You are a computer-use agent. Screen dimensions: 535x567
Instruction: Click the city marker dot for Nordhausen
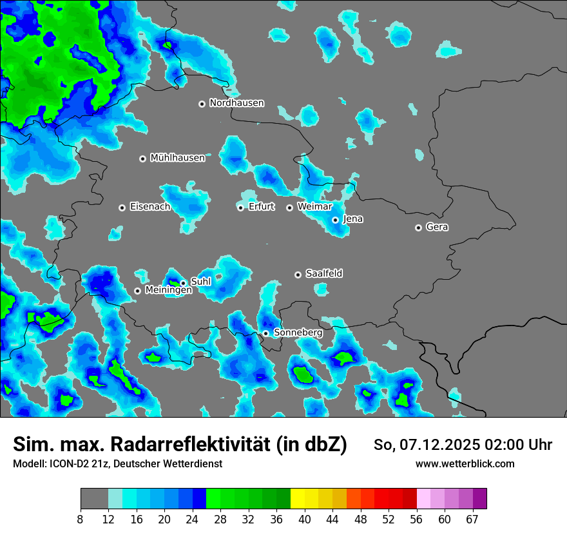tap(202, 104)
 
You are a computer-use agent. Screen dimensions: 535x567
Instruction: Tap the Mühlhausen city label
tap(177, 158)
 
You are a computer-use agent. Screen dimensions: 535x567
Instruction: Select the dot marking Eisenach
tap(122, 208)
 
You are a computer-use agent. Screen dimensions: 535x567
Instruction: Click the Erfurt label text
tap(261, 207)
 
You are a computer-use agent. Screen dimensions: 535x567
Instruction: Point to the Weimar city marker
tap(289, 208)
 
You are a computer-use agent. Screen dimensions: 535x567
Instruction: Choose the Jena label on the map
tap(353, 219)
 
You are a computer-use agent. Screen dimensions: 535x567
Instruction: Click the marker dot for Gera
tap(418, 228)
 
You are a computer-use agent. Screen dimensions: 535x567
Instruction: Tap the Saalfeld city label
tap(323, 274)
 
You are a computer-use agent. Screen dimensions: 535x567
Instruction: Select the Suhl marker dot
tap(183, 283)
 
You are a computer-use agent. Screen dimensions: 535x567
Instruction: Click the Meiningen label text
tap(168, 291)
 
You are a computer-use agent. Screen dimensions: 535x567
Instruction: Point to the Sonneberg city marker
tap(265, 333)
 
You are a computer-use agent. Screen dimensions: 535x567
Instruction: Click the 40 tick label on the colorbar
tap(305, 520)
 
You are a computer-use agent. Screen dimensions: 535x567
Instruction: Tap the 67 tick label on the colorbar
tap(472, 520)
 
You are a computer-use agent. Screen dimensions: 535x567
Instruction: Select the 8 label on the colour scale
tap(81, 520)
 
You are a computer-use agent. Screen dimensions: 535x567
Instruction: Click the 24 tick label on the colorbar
tap(193, 520)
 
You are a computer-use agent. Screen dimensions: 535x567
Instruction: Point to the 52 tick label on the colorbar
tap(389, 520)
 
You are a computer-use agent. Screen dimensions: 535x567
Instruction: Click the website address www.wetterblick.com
tap(465, 464)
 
